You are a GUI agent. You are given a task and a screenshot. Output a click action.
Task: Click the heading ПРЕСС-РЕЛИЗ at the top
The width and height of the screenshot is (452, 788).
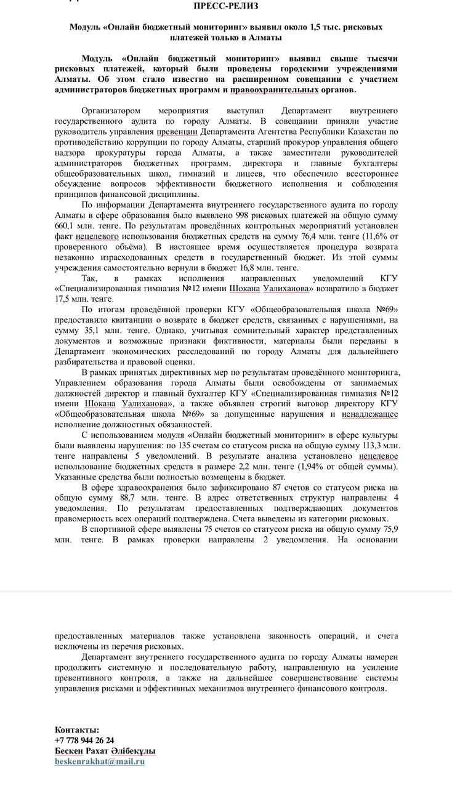pyautogui.click(x=225, y=6)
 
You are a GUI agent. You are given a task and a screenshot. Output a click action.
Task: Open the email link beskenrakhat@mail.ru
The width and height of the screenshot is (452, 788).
pyautogui.click(x=100, y=762)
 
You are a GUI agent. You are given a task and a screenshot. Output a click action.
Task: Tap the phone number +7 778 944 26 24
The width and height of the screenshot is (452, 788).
pyautogui.click(x=84, y=741)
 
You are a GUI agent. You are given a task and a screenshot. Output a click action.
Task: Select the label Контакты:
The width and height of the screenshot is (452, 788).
pyautogui.click(x=77, y=730)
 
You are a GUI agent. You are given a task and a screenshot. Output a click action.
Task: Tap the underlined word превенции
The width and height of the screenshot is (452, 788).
pyautogui.click(x=177, y=132)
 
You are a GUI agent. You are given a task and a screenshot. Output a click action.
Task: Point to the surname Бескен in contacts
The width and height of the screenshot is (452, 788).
pyautogui.click(x=70, y=751)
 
